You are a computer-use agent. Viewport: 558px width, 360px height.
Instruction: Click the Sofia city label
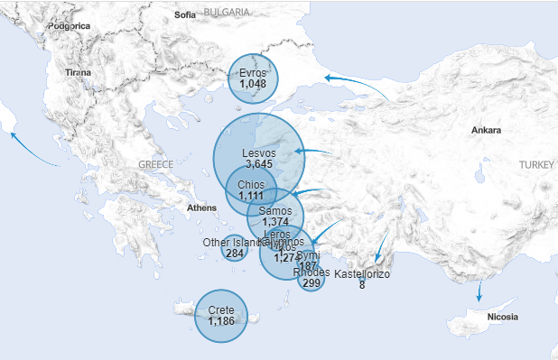point(185,14)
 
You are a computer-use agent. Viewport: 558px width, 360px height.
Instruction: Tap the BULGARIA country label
point(227,12)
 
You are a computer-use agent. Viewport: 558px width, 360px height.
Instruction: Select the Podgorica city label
point(70,26)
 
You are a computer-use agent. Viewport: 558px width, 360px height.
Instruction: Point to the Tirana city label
point(79,71)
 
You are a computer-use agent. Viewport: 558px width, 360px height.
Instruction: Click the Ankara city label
point(486,131)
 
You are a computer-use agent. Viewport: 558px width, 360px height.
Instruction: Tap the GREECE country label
point(155,164)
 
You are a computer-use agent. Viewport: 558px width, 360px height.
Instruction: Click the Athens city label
point(202,208)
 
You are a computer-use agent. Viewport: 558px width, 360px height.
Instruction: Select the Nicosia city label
point(502,317)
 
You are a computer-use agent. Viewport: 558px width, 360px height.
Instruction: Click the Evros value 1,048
point(253,84)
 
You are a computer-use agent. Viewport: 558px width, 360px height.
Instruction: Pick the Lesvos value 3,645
point(258,164)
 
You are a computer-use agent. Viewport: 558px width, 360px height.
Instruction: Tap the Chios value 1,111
point(251,196)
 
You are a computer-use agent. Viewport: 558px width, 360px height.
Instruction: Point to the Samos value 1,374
point(274,222)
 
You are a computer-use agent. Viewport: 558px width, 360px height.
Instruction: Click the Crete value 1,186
point(221,321)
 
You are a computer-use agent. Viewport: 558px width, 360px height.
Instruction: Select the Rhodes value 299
point(312,283)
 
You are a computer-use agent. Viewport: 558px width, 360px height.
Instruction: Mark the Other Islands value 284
point(235,254)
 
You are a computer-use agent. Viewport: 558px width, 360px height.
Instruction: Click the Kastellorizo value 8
point(362,285)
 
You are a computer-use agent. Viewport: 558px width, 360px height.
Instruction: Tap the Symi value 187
point(308,266)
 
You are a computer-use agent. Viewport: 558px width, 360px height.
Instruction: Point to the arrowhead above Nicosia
point(479,297)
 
